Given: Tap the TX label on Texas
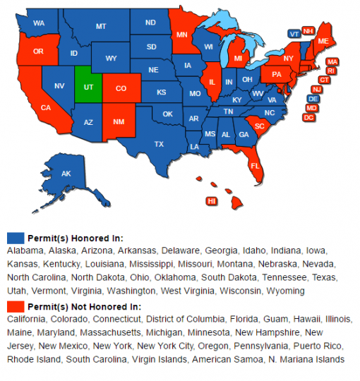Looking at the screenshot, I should (x=159, y=144).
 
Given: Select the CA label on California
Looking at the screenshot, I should (x=46, y=107).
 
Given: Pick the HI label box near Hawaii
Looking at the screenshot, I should (x=211, y=201).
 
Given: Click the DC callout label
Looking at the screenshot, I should (x=308, y=117).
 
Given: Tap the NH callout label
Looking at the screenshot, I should (x=308, y=31).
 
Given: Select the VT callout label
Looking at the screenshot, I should (x=294, y=34).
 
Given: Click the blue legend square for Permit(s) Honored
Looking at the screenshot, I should (x=15, y=238).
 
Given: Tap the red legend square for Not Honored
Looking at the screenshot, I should (x=15, y=306).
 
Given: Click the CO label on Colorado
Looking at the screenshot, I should (x=121, y=89).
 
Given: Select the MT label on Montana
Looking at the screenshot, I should (x=100, y=26).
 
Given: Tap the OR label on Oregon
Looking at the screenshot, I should (x=38, y=52).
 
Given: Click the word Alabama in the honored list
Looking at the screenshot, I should (x=23, y=250).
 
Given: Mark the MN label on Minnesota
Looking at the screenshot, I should (x=182, y=34).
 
